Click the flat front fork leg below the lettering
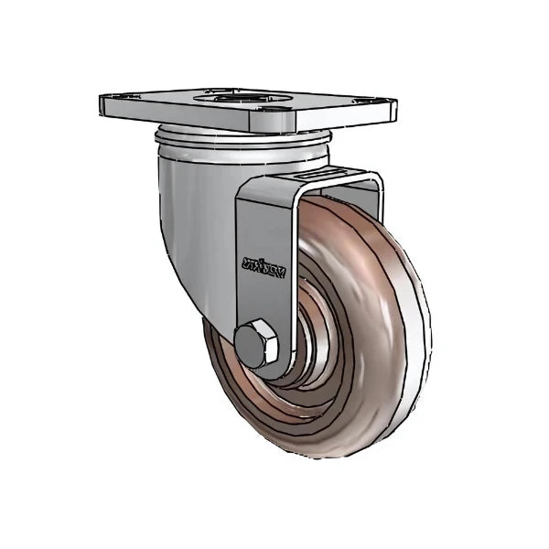(x=265, y=302)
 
